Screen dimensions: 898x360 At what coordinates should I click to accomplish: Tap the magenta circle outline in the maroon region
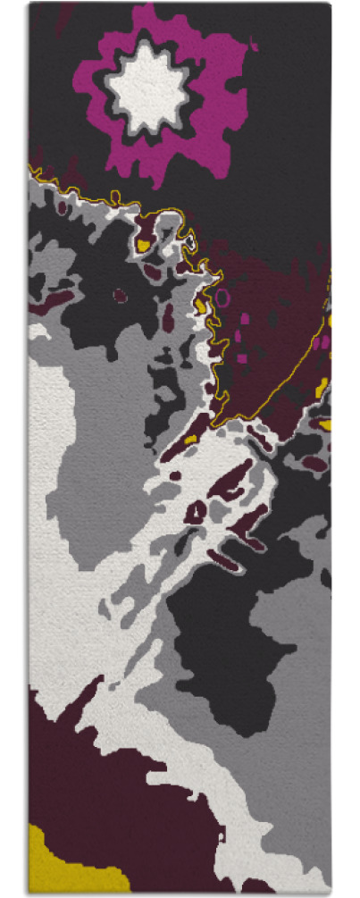pyautogui.click(x=222, y=296)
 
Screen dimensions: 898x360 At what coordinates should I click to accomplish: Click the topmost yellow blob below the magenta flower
pyautogui.click(x=142, y=242)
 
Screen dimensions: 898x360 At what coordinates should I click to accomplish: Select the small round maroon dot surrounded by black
pyautogui.click(x=115, y=293)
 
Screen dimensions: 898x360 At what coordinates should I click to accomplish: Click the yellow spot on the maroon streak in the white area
pyautogui.click(x=190, y=440)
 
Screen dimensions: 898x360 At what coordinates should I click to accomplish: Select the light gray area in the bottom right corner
pyautogui.click(x=286, y=804)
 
